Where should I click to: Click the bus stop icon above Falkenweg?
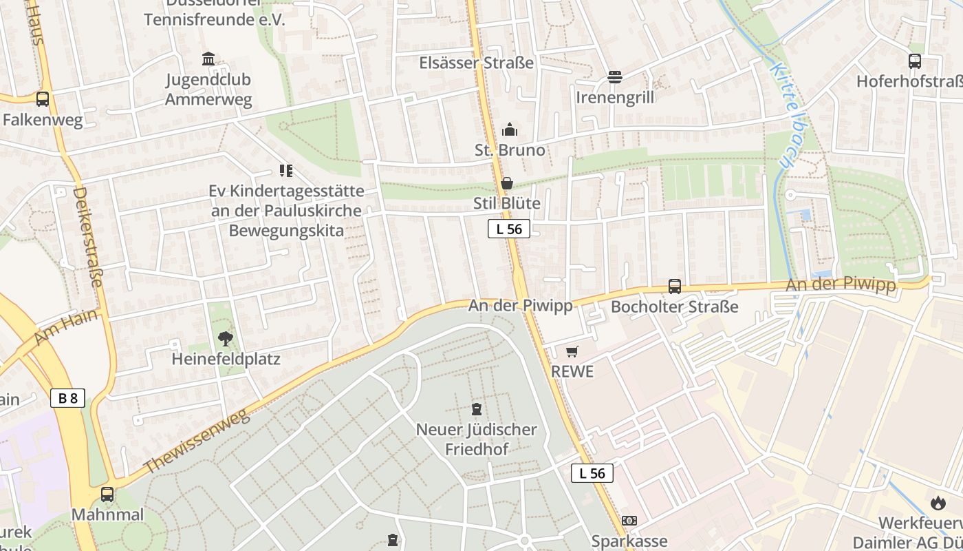(x=43, y=99)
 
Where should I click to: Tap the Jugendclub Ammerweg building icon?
(x=208, y=59)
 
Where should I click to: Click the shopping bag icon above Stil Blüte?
(x=507, y=183)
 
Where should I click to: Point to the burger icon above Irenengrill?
(x=615, y=76)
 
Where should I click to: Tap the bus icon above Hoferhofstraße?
(x=915, y=61)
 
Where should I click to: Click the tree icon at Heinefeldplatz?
(x=225, y=338)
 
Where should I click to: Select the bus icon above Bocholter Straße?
(x=675, y=287)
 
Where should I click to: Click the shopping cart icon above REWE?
(x=572, y=351)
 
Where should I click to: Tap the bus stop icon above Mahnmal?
(x=107, y=494)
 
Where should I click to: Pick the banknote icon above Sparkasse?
(x=629, y=521)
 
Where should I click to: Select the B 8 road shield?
(x=67, y=397)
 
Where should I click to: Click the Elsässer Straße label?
(x=477, y=63)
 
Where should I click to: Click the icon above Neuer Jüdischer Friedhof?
(x=476, y=409)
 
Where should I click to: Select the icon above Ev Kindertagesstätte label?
(x=286, y=170)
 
